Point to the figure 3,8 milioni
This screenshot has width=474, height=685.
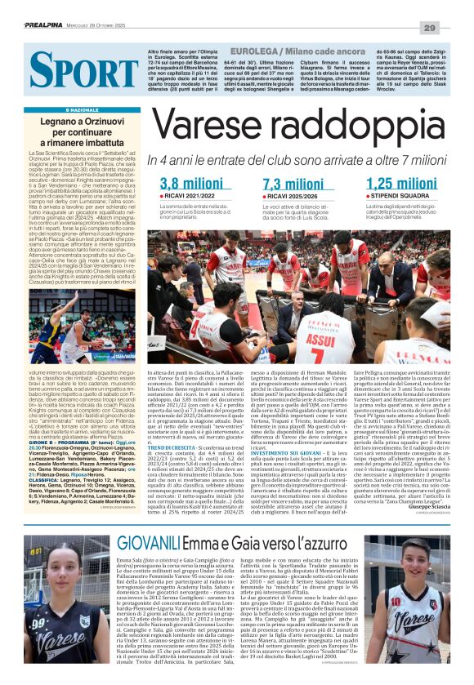192,183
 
